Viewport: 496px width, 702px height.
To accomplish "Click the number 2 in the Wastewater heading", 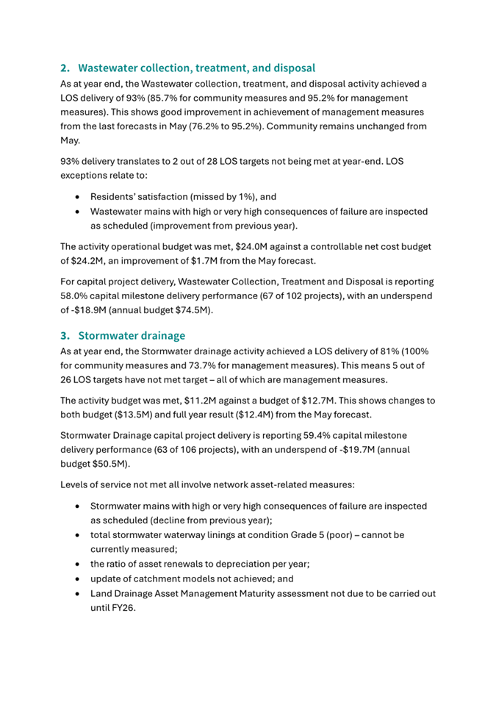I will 64,68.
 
